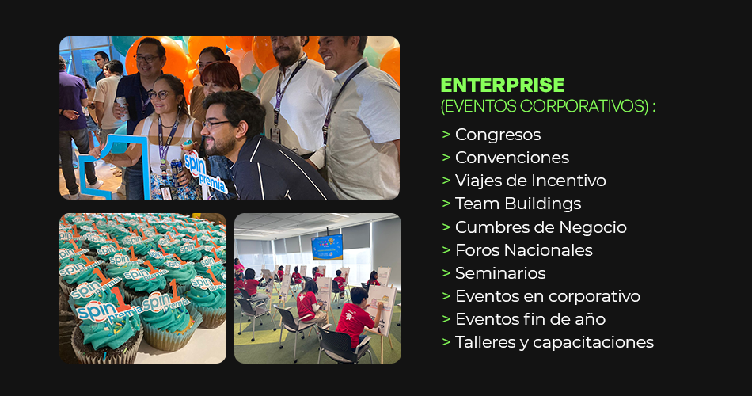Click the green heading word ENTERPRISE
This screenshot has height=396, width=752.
pos(502,86)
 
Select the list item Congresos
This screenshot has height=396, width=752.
pos(498,135)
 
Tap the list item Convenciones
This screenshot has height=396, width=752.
pos(511,158)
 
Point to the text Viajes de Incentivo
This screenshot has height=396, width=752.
pos(530,181)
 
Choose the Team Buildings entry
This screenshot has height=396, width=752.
pos(518,204)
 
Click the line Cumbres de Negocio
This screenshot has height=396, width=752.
pos(541,227)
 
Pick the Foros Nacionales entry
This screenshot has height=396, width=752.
pos(524,250)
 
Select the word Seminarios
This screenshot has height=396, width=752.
pos(500,273)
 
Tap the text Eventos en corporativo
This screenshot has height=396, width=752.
pos(548,296)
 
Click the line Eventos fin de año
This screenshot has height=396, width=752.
pos(530,319)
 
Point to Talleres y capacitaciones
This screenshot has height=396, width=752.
pos(554,342)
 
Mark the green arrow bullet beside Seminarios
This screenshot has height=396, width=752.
pos(446,273)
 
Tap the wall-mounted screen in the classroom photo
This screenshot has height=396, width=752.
pos(327,247)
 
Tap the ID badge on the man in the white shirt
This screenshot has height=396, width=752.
pos(275,135)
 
